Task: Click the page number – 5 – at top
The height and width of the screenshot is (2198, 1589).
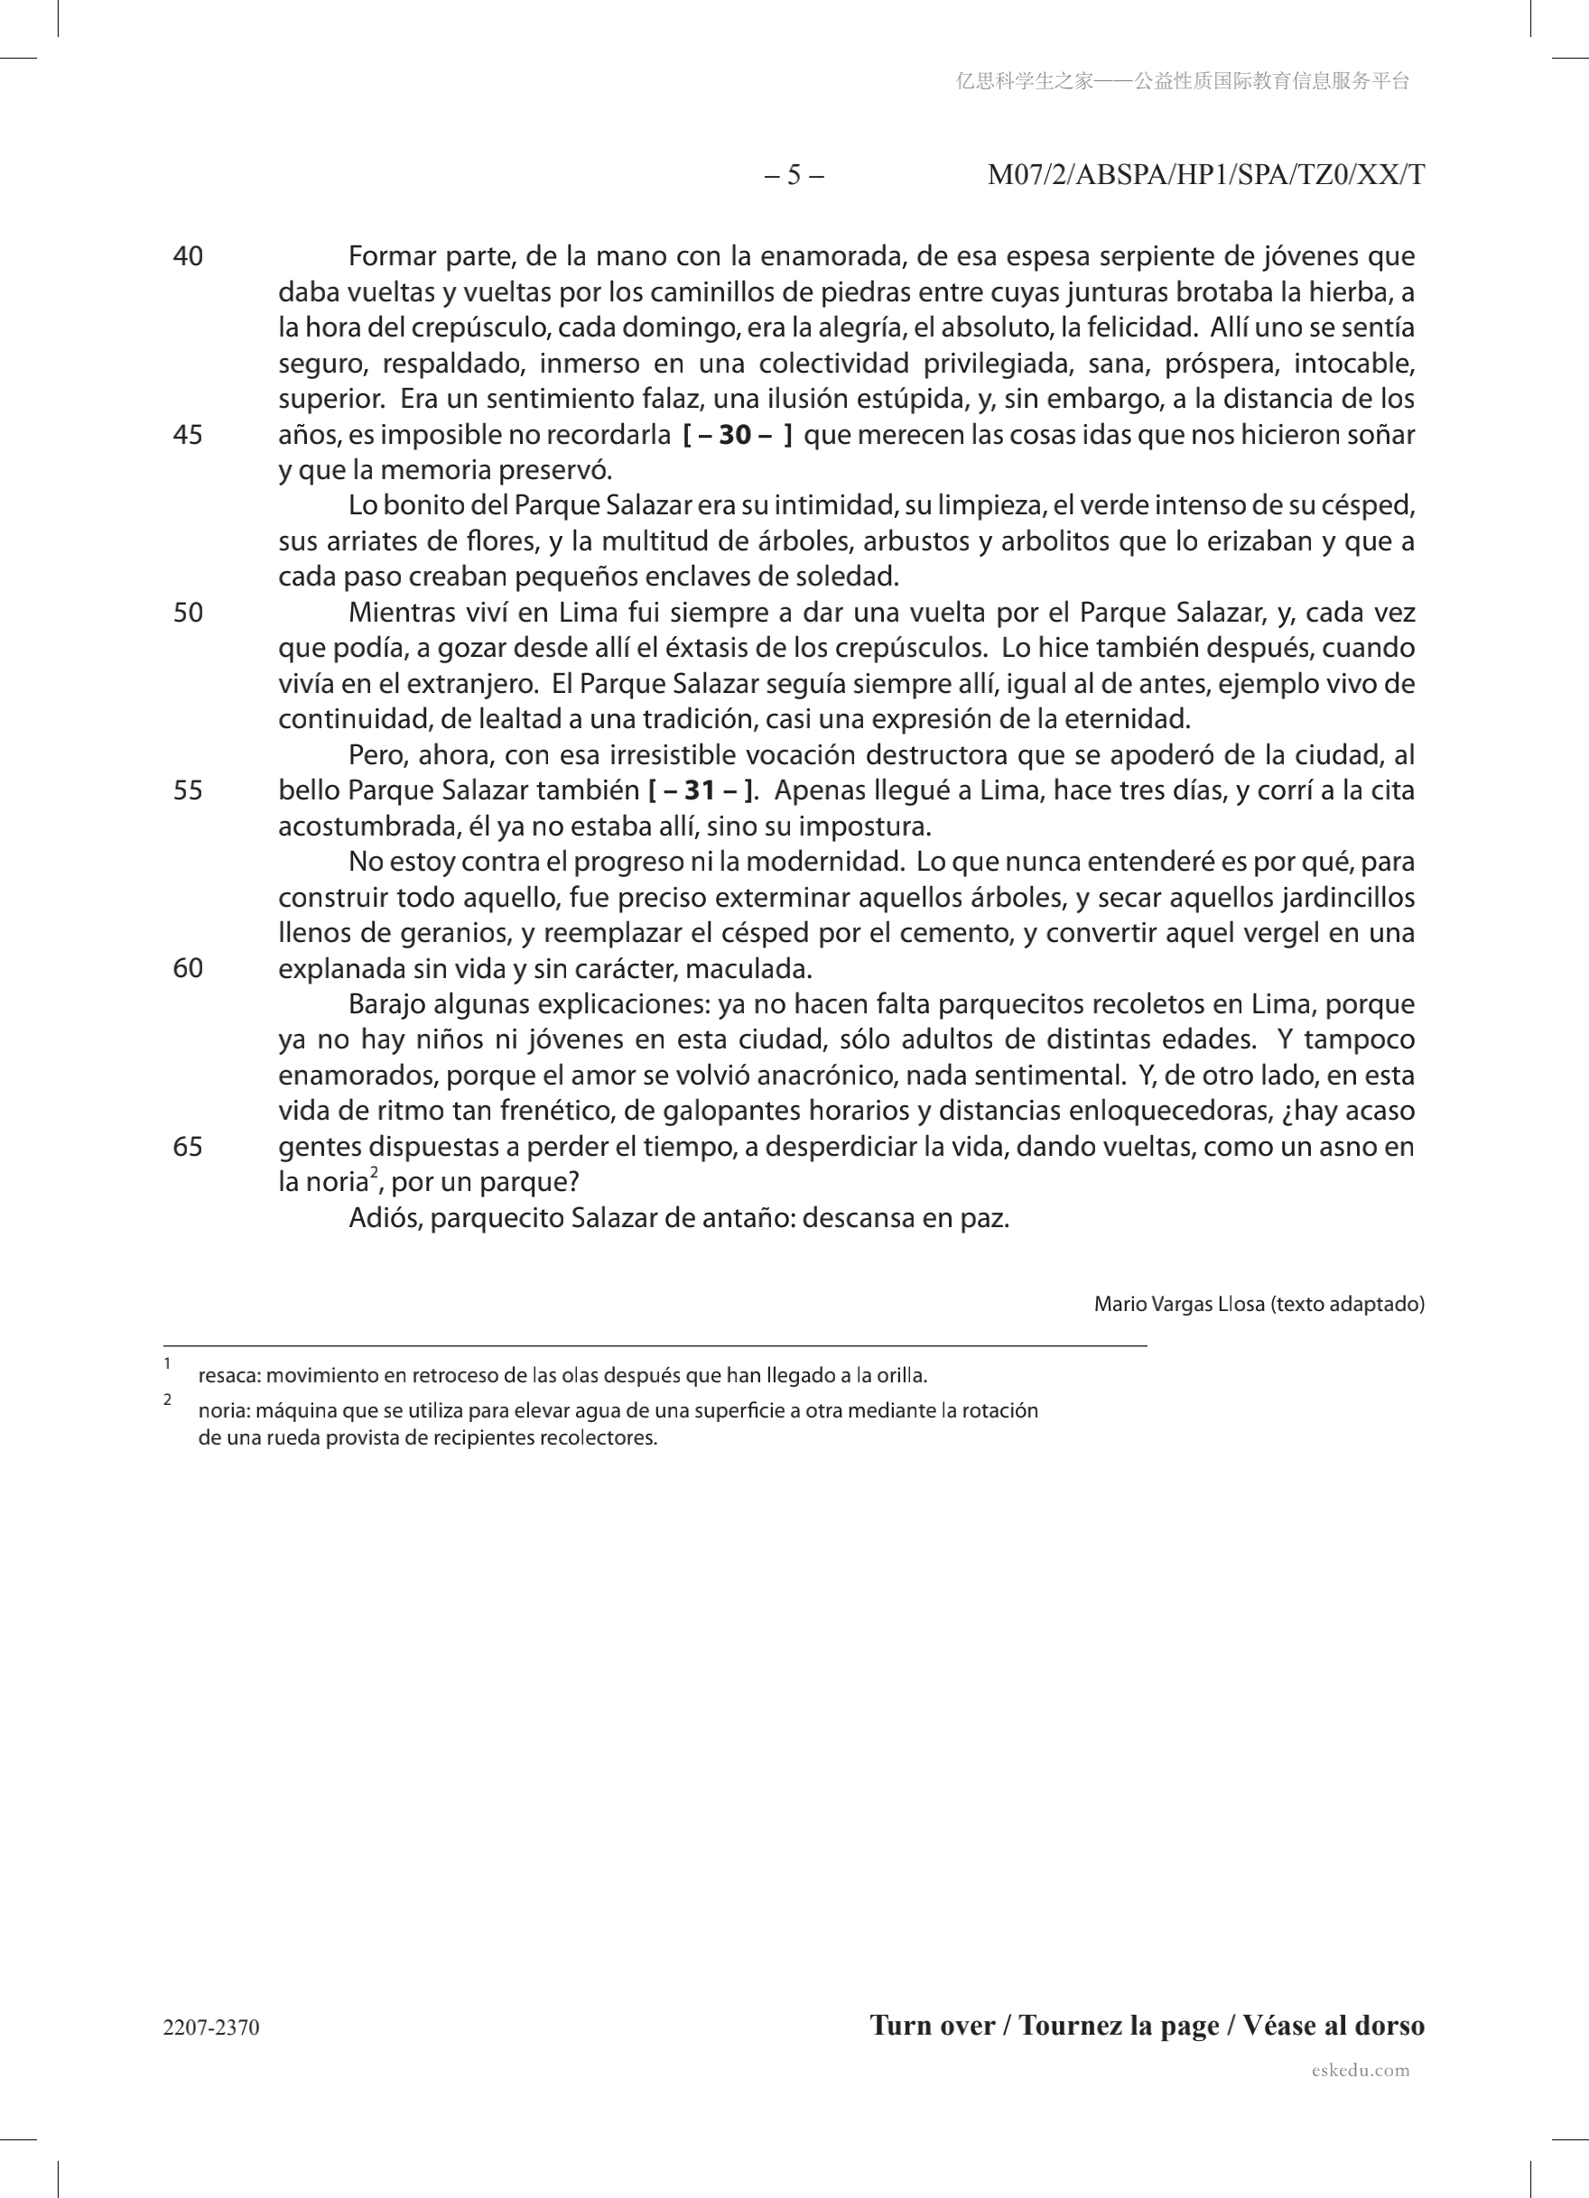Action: [x=794, y=175]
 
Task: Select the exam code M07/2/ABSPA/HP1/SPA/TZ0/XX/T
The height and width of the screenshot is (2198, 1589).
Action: [x=1206, y=175]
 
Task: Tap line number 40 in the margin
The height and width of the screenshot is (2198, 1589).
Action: [x=188, y=257]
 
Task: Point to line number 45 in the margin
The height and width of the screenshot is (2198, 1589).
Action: [x=188, y=435]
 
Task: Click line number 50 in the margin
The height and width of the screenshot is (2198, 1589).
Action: [x=188, y=613]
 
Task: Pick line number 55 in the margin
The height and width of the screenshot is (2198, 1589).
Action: [x=188, y=790]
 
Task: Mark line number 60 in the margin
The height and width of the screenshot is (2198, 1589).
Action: [x=188, y=968]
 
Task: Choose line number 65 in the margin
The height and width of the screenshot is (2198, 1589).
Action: [x=188, y=1147]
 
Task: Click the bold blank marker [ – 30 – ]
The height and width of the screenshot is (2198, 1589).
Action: [x=738, y=435]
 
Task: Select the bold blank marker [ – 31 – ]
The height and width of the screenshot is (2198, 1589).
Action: [x=701, y=790]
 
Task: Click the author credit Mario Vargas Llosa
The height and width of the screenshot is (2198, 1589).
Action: [x=1179, y=1305]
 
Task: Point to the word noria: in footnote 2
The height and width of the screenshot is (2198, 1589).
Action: [x=224, y=1410]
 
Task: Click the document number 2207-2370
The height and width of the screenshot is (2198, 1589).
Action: [x=211, y=2027]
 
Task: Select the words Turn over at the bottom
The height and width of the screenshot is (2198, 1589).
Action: [x=932, y=2026]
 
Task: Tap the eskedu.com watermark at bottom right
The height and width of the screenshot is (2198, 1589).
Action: [x=1361, y=2070]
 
